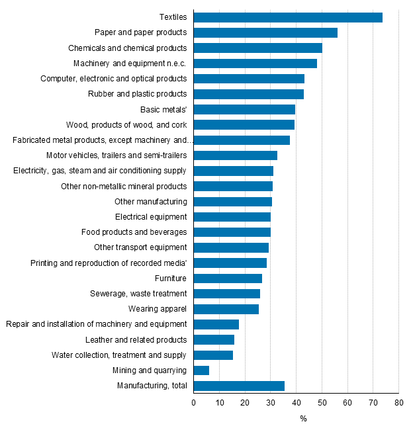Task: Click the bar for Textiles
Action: coord(288,17)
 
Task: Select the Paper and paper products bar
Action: coord(265,32)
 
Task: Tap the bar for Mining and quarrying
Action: coord(202,370)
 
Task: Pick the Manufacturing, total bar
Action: coord(239,386)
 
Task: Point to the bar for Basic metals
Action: coord(244,109)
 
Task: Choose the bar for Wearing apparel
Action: coord(226,309)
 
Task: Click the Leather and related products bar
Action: coord(214,339)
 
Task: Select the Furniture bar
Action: coord(228,279)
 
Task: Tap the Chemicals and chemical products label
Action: coord(128,48)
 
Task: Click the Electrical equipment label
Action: coord(151,217)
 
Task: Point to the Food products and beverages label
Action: coord(134,232)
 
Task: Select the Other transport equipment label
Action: coord(141,247)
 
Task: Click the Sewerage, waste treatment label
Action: coord(138,294)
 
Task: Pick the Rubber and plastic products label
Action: coord(138,94)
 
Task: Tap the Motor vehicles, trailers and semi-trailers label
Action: coord(116,155)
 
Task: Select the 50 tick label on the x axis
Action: coord(322,402)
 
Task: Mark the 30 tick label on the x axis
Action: coord(271,402)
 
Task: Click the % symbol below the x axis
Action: coord(303,419)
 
